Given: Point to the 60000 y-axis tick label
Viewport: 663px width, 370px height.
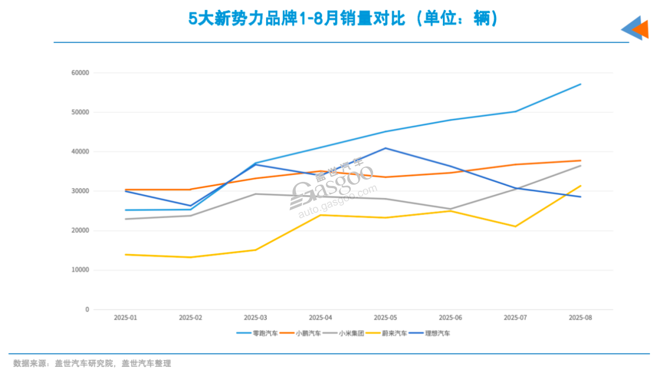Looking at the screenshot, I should pos(80,73).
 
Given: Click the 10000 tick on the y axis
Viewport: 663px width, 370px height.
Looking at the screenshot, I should pos(80,270).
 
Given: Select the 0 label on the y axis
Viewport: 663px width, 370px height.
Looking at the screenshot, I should pos(87,309).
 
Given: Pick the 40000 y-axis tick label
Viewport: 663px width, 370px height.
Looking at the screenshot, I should pos(80,152).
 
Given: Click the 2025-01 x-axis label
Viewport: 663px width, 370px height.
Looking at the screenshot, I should pos(125,317).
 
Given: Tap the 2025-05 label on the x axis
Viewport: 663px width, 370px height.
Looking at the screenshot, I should pos(385,317).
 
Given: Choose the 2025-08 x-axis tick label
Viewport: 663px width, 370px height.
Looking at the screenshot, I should pos(580,317).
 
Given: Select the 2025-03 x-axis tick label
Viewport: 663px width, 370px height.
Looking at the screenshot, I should pos(255,317).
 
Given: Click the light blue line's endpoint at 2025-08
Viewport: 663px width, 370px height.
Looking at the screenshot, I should pos(581,84).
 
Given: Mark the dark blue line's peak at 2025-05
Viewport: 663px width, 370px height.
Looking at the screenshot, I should pos(385,148).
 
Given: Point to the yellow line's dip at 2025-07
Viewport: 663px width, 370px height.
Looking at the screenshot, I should pos(515,226).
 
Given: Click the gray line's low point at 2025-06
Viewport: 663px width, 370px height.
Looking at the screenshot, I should pos(451,209).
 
